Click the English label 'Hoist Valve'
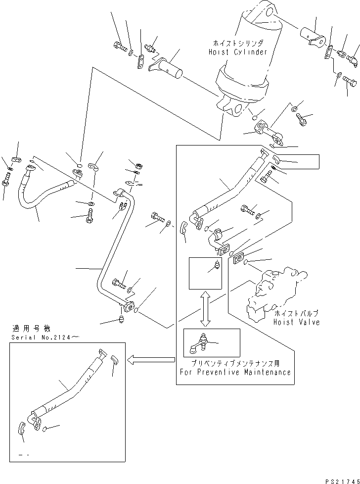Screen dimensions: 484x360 pyautogui.click(x=296, y=322)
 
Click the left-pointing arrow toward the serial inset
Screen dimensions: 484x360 pyautogui.click(x=150, y=360)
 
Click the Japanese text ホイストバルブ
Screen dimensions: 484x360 pyautogui.click(x=296, y=313)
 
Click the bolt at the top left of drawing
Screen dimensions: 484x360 pyautogui.click(x=121, y=47)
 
